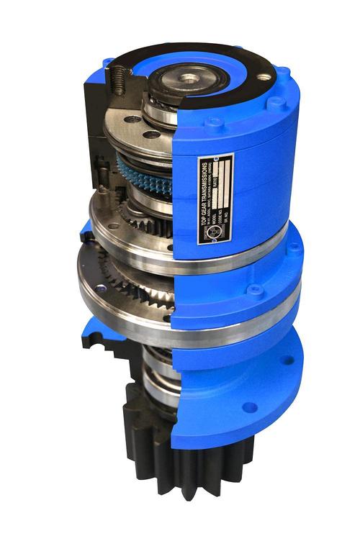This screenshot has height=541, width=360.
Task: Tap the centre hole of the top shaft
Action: [189, 76]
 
